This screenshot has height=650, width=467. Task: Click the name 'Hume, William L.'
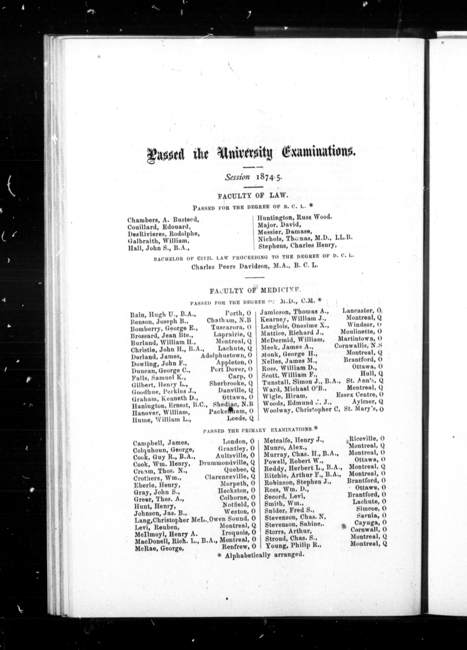point(161,420)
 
